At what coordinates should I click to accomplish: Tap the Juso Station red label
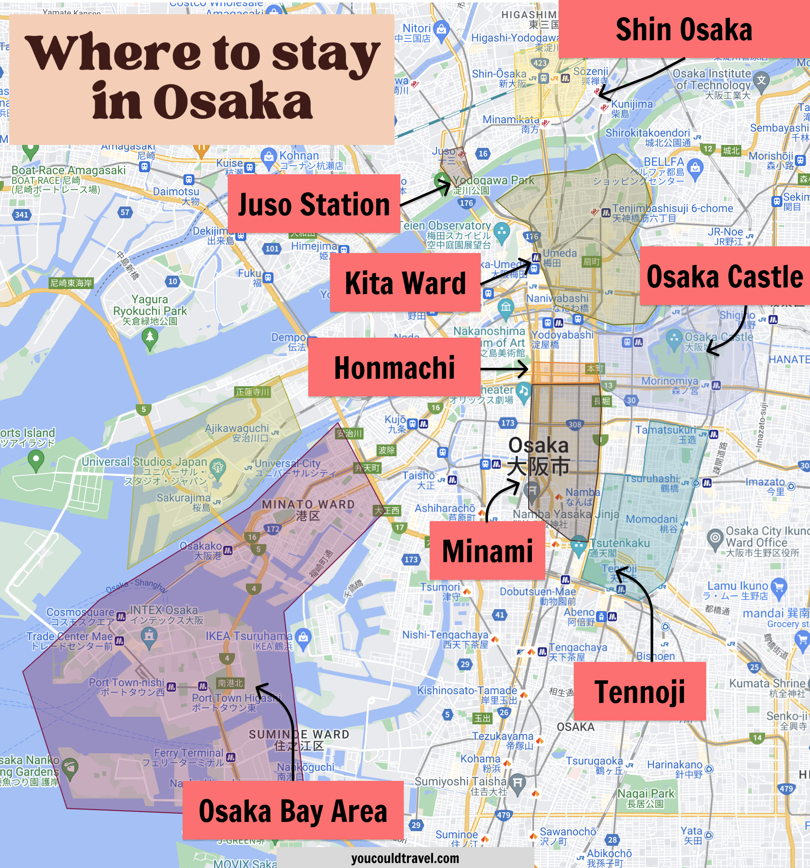pos(314,204)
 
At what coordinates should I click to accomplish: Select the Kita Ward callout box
pos(405,282)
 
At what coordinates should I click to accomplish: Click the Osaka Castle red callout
pos(725,276)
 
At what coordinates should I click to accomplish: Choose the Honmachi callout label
pos(394,367)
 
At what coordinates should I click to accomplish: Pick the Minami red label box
pos(487,550)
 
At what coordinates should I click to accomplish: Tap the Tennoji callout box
pos(640,692)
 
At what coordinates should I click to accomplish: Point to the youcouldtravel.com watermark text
pos(405,858)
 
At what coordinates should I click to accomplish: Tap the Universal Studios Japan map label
pos(144,462)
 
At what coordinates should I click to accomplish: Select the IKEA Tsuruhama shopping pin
pos(303,637)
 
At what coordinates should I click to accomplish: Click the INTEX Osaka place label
pos(164,610)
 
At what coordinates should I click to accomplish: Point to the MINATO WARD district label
pos(308,505)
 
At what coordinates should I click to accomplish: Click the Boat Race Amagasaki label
pos(69,170)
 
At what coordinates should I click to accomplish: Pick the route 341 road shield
pos(21,214)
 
